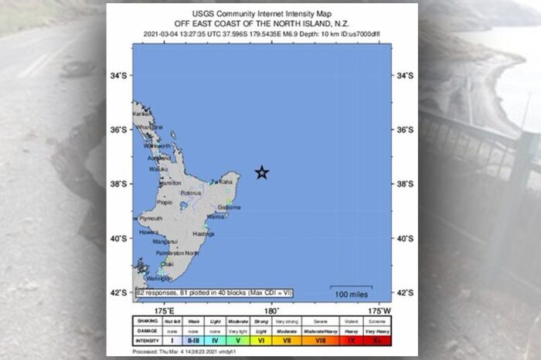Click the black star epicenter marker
(262, 173)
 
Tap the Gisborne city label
(230, 207)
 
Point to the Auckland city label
(159, 158)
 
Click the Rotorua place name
(191, 193)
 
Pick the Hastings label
(204, 233)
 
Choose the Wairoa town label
(216, 217)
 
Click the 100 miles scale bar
(352, 292)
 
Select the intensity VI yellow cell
(261, 339)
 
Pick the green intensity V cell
(238, 339)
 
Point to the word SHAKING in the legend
(148, 320)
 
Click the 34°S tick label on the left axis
(117, 76)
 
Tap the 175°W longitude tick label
(382, 311)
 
